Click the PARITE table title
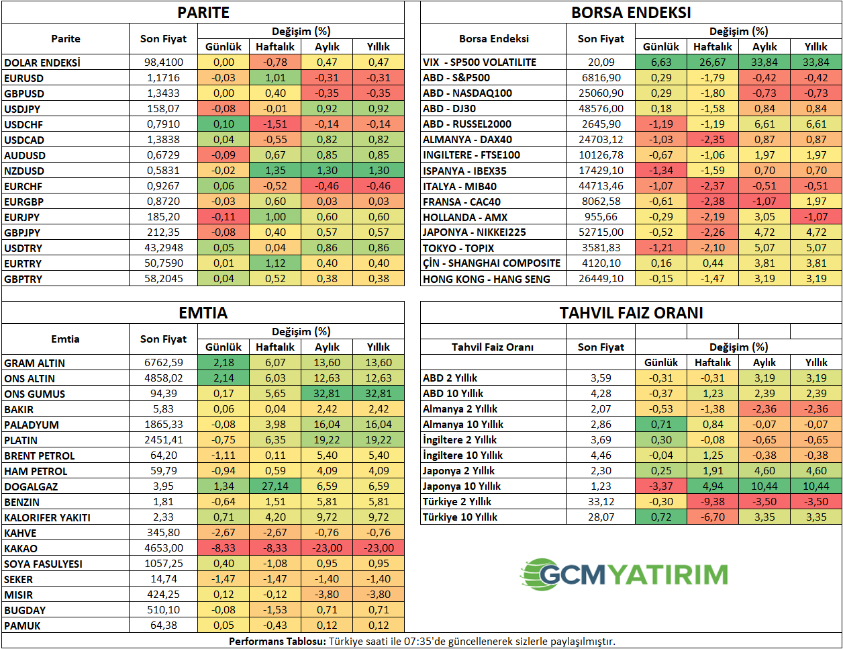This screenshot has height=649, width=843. (x=203, y=12)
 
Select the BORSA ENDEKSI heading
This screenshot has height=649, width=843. (x=631, y=12)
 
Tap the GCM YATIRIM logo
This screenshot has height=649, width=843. (x=624, y=574)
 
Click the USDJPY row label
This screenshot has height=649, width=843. (x=22, y=109)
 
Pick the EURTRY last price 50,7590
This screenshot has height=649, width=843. (x=164, y=263)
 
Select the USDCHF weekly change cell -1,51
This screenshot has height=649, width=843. (x=275, y=124)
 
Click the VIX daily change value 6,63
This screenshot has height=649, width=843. (x=661, y=62)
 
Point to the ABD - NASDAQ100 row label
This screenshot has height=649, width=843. (x=467, y=93)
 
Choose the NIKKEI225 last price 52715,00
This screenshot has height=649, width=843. (x=601, y=232)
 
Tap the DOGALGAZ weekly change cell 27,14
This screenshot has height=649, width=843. (x=275, y=486)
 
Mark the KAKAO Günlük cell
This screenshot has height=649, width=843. (x=224, y=548)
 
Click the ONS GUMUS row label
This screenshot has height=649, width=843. (x=35, y=394)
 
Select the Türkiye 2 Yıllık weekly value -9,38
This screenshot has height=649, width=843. (x=713, y=502)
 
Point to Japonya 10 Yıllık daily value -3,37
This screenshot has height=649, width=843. (x=661, y=486)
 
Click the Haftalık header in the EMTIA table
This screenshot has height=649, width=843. (x=275, y=347)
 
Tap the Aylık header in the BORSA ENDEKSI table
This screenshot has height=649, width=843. (x=764, y=47)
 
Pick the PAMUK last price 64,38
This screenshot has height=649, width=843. (x=164, y=625)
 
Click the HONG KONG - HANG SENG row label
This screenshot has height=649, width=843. (x=487, y=279)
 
